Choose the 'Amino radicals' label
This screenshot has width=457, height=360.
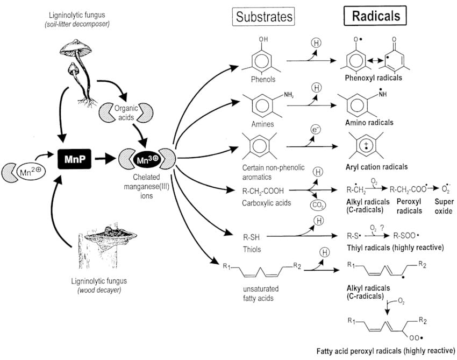point(370,122)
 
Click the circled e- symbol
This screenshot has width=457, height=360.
point(316,129)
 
